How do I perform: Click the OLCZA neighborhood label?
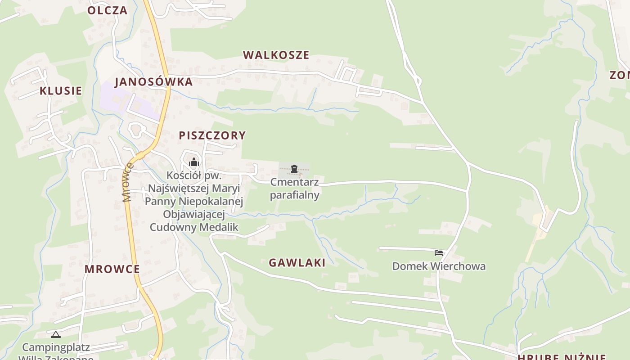click(108, 10)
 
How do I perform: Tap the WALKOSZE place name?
click(276, 55)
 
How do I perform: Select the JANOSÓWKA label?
click(154, 82)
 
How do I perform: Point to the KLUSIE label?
click(61, 91)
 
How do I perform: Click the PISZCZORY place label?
click(212, 135)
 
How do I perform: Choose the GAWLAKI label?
click(297, 263)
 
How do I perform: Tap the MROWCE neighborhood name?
click(112, 269)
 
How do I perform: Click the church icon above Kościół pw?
click(194, 162)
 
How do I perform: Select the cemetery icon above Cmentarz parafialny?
click(294, 169)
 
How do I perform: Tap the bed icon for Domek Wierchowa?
click(439, 253)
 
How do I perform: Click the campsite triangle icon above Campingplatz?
click(55, 334)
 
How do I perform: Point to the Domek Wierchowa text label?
click(439, 266)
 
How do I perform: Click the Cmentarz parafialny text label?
click(295, 189)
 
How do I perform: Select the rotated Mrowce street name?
click(127, 182)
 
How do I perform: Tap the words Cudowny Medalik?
click(194, 227)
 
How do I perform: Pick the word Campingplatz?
click(56, 347)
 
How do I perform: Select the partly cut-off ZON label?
click(620, 75)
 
